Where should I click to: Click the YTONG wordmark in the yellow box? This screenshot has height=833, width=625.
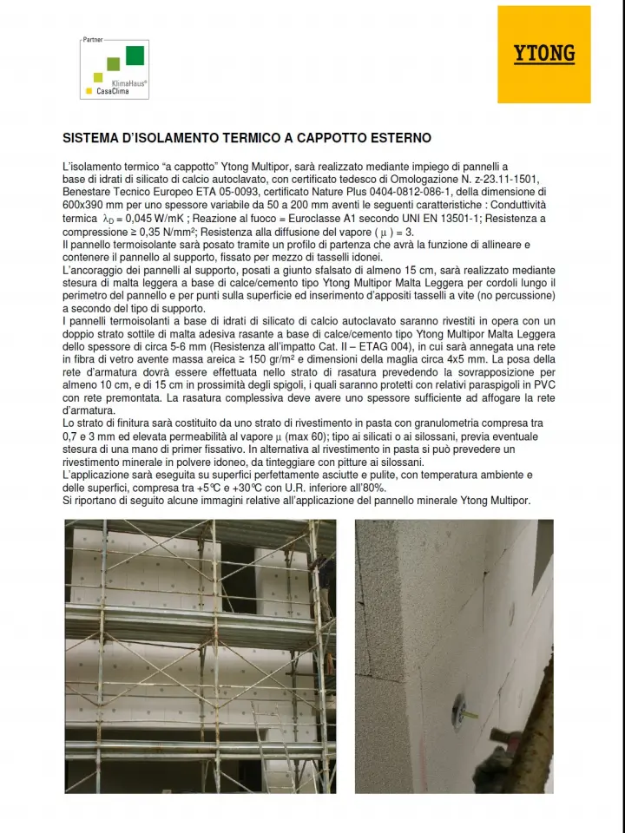544,54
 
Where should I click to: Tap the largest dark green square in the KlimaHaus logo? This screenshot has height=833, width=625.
135,56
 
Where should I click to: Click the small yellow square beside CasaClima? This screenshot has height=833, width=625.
89,90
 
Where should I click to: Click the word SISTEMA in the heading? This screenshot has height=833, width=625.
90,139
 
